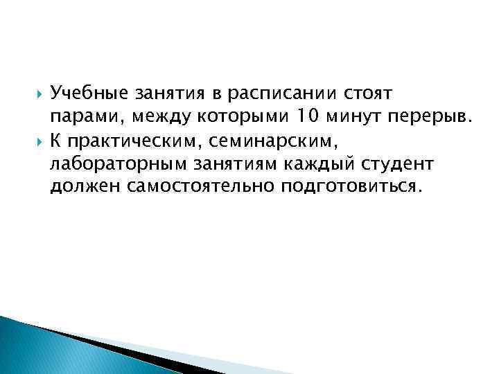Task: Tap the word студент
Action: click(378, 165)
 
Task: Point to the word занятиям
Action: click(222, 165)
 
